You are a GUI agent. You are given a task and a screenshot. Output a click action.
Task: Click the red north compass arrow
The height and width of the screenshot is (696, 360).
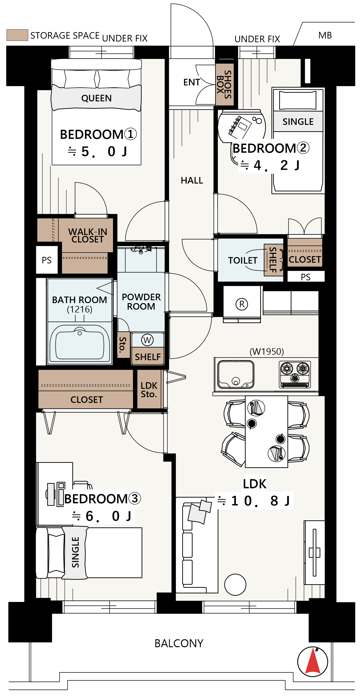[x=313, y=661]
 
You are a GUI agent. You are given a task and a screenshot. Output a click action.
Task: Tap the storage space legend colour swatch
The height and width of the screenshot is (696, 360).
[x=17, y=35]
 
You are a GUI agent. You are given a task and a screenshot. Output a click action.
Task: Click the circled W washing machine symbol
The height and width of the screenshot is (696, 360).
[x=147, y=340]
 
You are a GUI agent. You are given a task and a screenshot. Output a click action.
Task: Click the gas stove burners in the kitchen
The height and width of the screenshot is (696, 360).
[x=295, y=375]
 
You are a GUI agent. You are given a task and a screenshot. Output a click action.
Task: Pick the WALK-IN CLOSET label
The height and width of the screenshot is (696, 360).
[x=88, y=235]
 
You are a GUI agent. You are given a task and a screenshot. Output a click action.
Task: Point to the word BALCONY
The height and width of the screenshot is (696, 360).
[x=179, y=643]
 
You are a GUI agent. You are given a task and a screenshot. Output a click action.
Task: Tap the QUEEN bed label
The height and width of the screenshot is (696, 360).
[x=97, y=98]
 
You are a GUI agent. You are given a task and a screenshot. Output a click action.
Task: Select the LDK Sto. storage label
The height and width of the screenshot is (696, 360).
[x=149, y=390]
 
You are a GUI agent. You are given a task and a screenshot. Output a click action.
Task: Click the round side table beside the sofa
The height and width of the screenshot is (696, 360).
[x=235, y=585]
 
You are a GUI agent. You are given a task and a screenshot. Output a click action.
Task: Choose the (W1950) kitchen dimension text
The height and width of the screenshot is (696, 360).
[x=267, y=352]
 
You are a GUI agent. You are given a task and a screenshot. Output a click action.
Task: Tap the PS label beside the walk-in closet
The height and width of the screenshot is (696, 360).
[x=46, y=260]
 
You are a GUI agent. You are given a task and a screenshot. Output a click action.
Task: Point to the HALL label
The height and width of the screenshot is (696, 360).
[x=192, y=180]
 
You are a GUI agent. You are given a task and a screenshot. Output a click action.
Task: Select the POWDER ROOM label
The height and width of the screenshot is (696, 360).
[x=141, y=302]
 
